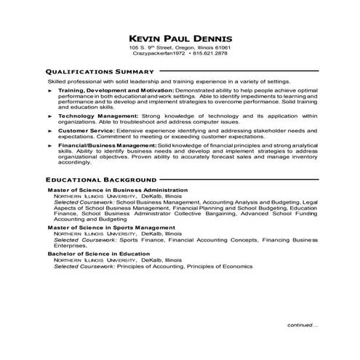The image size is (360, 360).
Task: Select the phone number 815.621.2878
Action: tap(211, 54)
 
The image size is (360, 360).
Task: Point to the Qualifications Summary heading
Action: tap(100, 72)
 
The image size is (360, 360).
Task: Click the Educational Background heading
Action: tap(100, 179)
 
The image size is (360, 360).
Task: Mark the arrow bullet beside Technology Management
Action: tap(49, 116)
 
